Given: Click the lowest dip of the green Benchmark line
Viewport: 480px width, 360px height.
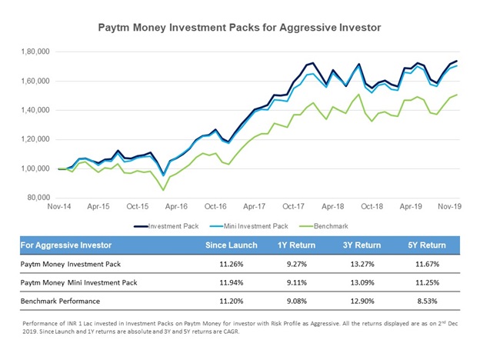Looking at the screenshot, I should point(163,189).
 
